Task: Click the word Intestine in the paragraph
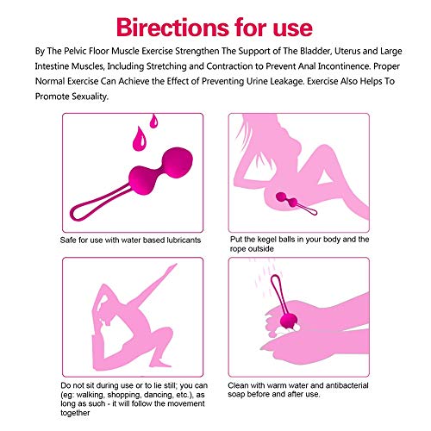pyautogui.click(x=57, y=68)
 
